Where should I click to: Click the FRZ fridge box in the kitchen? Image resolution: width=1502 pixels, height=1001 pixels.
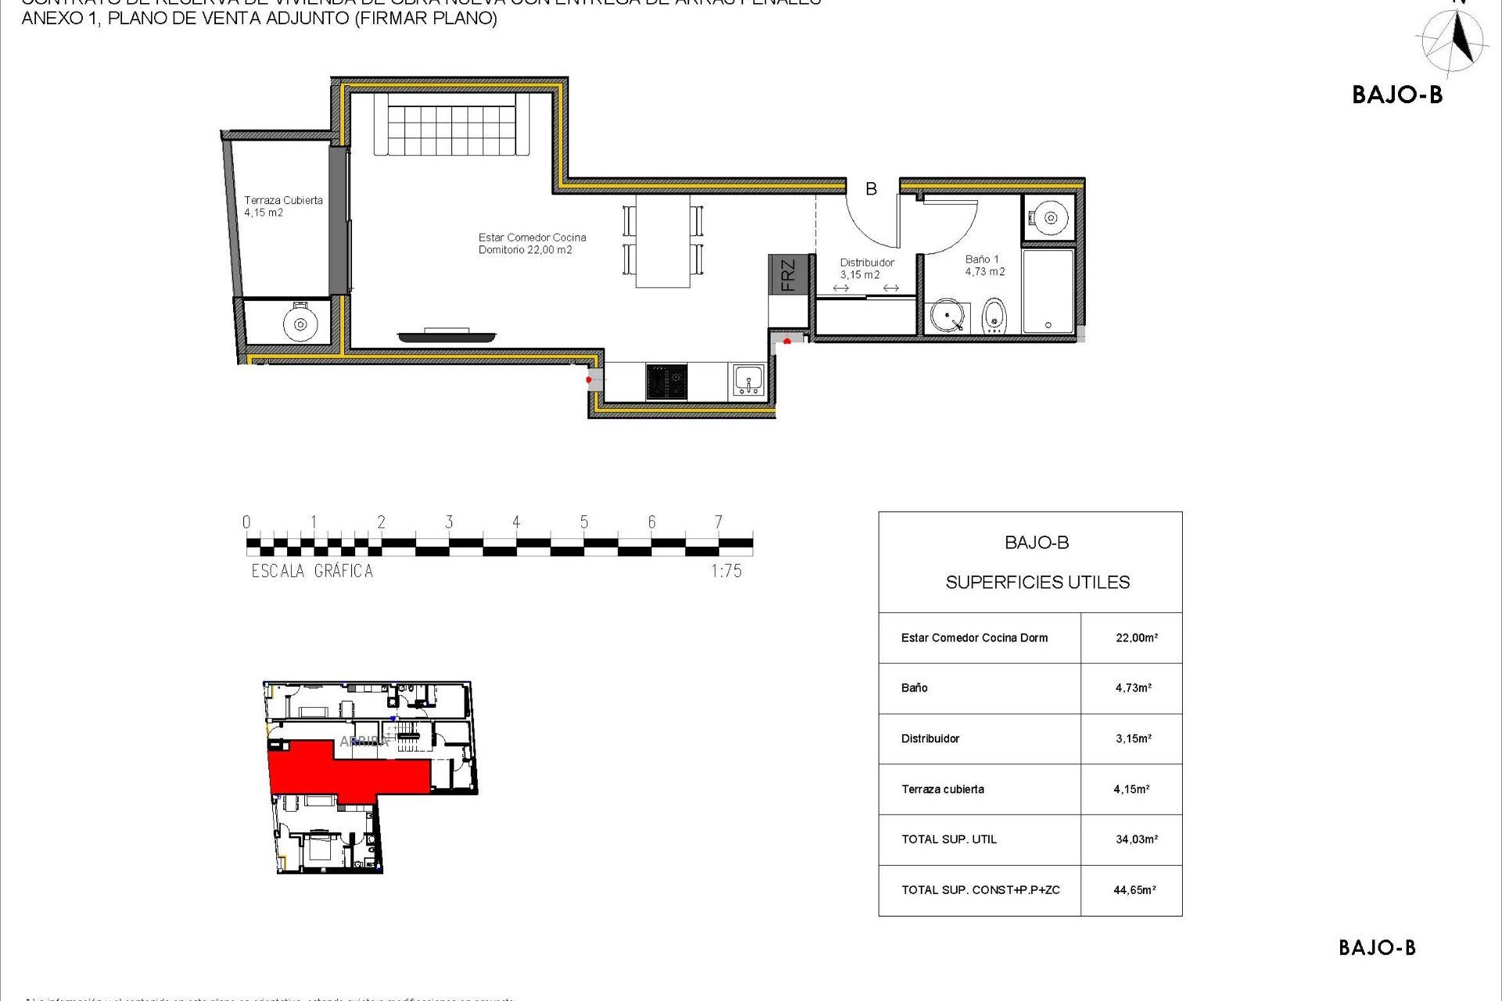pyautogui.click(x=787, y=274)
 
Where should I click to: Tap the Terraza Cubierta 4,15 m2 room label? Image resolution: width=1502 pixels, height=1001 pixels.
pyautogui.click(x=282, y=206)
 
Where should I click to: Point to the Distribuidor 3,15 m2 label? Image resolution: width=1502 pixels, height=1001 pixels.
pyautogui.click(x=866, y=268)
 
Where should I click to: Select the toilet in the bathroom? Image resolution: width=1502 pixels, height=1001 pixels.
pyautogui.click(x=994, y=316)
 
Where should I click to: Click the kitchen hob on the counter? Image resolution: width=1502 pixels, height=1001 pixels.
pyautogui.click(x=667, y=382)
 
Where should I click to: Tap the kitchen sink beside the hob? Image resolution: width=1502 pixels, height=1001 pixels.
pyautogui.click(x=749, y=381)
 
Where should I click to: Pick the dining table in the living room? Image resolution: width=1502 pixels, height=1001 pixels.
pyautogui.click(x=663, y=240)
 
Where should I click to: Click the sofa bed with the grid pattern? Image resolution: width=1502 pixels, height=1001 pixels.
pyautogui.click(x=452, y=124)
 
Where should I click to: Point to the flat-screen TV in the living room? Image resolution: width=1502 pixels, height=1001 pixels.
pyautogui.click(x=447, y=336)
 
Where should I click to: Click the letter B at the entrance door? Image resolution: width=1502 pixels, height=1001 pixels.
pyautogui.click(x=871, y=189)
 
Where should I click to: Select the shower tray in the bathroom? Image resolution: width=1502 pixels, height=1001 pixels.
pyautogui.click(x=1048, y=291)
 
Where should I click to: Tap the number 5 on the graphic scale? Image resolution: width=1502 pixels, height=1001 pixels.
pyautogui.click(x=584, y=522)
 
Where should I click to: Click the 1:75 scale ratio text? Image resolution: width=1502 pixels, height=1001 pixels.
pyautogui.click(x=726, y=571)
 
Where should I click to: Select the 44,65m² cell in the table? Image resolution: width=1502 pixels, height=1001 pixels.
pyautogui.click(x=1134, y=890)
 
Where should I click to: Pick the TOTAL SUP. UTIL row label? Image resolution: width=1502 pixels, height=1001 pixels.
pyautogui.click(x=949, y=839)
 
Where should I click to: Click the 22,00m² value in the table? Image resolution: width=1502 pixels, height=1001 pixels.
pyautogui.click(x=1136, y=638)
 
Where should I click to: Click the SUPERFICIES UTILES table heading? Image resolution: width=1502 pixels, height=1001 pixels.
pyautogui.click(x=1037, y=582)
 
